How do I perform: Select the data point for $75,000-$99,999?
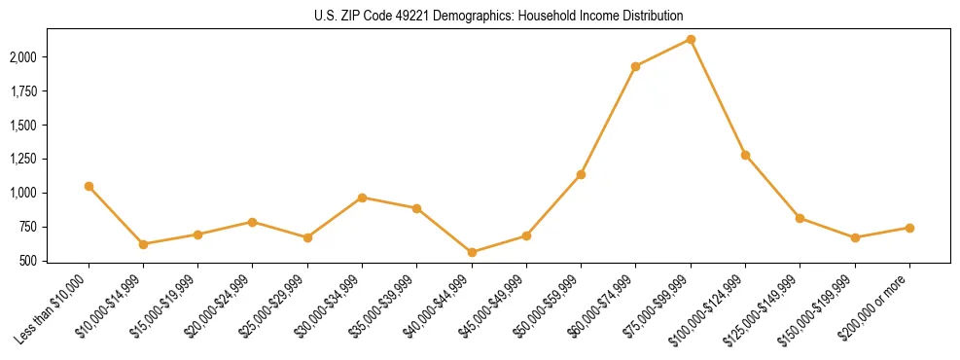coord(691,39)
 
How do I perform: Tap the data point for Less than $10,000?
coord(89,186)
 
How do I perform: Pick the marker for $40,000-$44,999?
coord(472,252)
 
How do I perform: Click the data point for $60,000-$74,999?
coord(635,66)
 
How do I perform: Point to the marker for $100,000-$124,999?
coord(745,155)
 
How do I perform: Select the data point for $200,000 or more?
coord(909,228)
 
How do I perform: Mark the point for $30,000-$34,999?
coord(362,198)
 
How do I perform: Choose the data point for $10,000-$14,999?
coord(143,244)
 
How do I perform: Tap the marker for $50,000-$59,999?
coord(581,174)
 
